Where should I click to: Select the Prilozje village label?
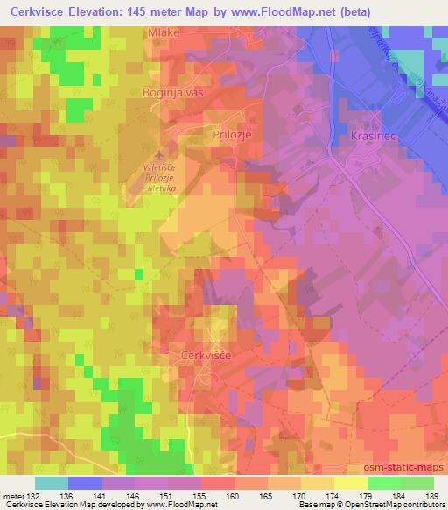click(232, 135)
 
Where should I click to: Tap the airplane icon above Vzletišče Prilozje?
click(156, 155)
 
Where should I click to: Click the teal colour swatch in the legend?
click(52, 483)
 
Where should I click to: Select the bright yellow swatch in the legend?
click(350, 483)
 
